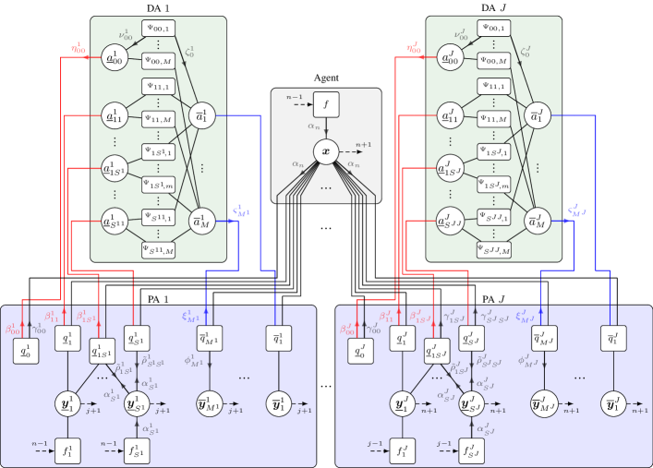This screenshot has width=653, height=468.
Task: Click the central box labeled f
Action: [x=326, y=105]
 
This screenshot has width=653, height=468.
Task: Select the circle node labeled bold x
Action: [x=326, y=150]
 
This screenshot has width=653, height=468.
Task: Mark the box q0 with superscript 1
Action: [x=25, y=351]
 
